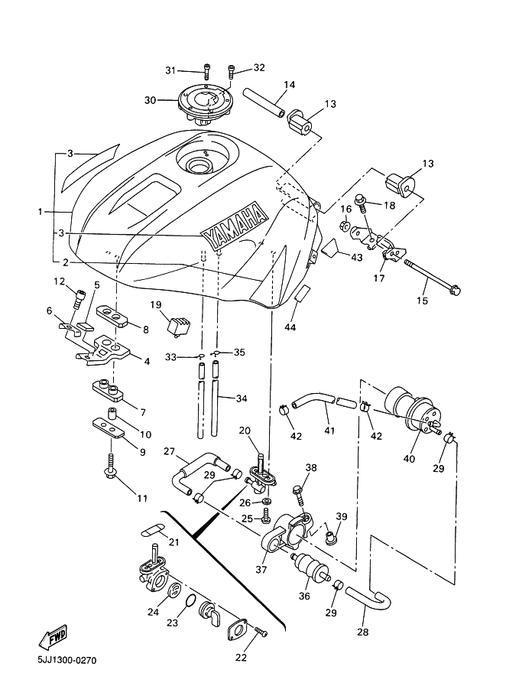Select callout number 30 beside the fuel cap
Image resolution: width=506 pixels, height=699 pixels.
click(x=150, y=99)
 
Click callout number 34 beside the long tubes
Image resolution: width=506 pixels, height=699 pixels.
click(x=242, y=398)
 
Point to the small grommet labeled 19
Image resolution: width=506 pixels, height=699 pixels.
click(x=178, y=323)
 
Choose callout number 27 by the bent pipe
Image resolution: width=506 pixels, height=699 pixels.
click(x=170, y=451)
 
